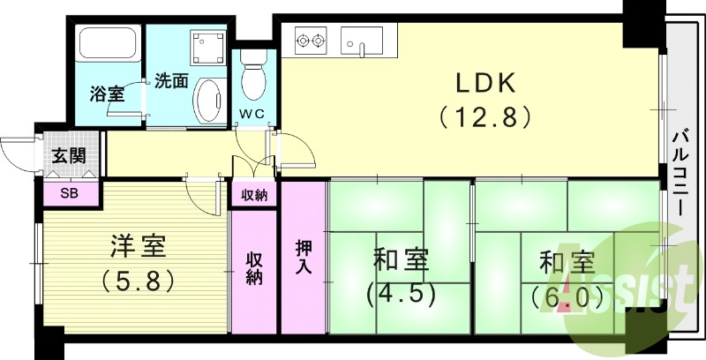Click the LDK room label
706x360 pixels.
tap(484, 84)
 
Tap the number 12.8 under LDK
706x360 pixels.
tap(484, 116)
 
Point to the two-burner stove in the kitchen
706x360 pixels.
tap(310, 40)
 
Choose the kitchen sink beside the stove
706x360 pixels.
tap(361, 40)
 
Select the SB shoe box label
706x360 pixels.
tap(67, 192)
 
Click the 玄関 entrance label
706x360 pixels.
tap(69, 157)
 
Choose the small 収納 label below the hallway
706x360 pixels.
tap(254, 193)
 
